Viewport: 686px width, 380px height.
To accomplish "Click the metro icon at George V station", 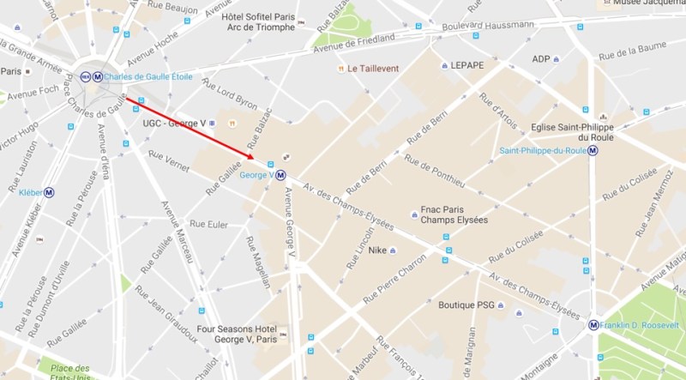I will (x=280, y=175).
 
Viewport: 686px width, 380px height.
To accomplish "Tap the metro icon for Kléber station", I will (x=50, y=192).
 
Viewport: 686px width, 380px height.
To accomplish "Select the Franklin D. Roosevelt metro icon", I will (x=593, y=325).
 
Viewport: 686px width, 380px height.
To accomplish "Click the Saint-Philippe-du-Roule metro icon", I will (x=593, y=151).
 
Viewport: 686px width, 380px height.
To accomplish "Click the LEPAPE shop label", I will (x=466, y=65).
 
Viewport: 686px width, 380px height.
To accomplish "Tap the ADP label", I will (x=540, y=58).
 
